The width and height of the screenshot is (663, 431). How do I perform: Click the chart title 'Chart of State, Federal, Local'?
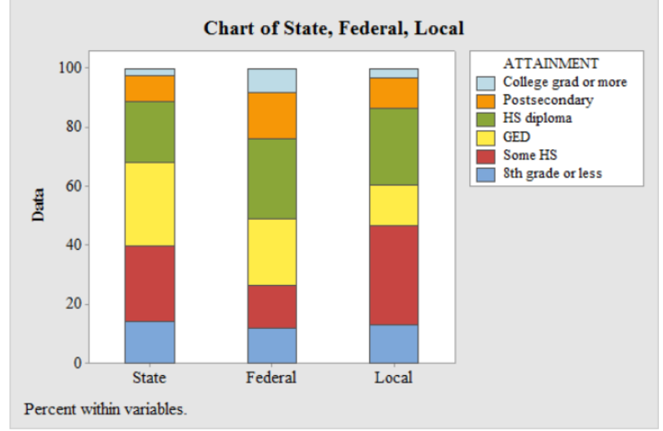pyautogui.click(x=333, y=28)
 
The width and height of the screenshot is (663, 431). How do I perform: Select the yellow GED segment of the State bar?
pyautogui.click(x=149, y=204)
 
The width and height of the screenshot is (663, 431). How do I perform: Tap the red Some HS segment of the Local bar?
pyautogui.click(x=393, y=275)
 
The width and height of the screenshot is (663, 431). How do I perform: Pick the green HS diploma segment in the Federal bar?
pyautogui.click(x=271, y=179)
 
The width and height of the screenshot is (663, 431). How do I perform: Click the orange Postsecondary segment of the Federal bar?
pyautogui.click(x=271, y=115)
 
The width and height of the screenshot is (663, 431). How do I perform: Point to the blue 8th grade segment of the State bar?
pyautogui.click(x=149, y=342)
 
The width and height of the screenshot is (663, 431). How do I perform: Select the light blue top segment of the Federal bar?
pyautogui.click(x=271, y=80)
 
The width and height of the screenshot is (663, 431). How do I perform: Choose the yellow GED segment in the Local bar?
pyautogui.click(x=393, y=205)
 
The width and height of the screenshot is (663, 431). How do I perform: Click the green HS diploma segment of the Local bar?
pyautogui.click(x=393, y=146)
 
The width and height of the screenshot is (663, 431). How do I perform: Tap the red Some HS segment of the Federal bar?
pyautogui.click(x=271, y=307)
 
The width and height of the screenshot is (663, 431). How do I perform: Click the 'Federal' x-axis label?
pyautogui.click(x=271, y=378)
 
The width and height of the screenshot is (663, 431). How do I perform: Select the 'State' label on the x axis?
pyautogui.click(x=149, y=378)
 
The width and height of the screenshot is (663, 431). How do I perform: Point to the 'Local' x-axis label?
pyautogui.click(x=393, y=378)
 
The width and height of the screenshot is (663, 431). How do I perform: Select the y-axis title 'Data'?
pyautogui.click(x=38, y=204)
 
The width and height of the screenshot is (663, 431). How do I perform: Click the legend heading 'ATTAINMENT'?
pyautogui.click(x=550, y=63)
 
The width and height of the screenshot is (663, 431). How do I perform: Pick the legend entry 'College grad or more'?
pyautogui.click(x=564, y=82)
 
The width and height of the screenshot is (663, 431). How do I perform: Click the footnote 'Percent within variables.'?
pyautogui.click(x=106, y=409)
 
